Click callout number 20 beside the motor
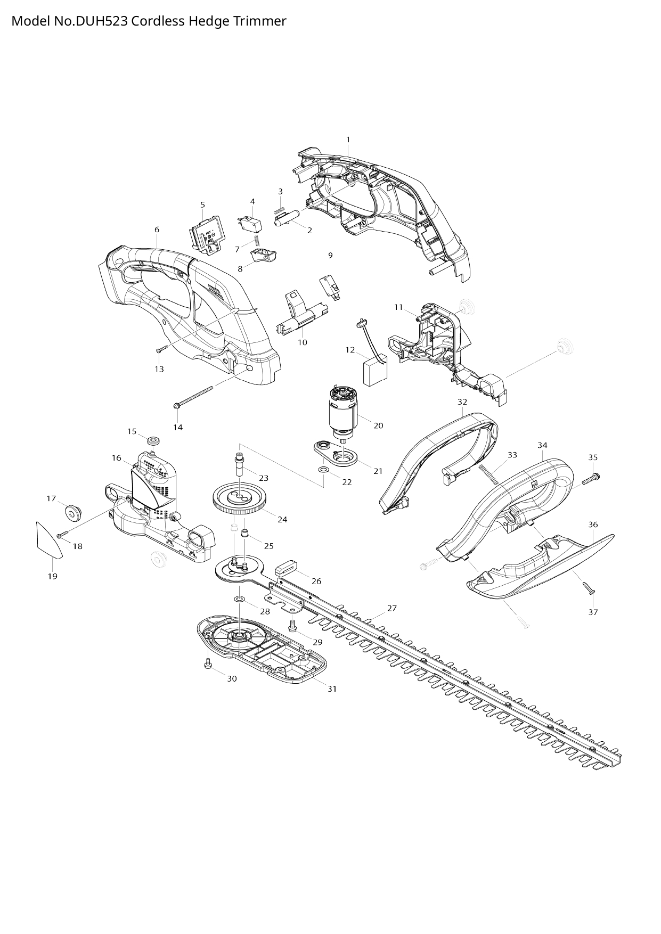[378, 425]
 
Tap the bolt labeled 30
[208, 664]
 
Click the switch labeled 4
[248, 222]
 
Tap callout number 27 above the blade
[392, 608]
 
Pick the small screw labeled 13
[162, 349]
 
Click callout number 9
[330, 256]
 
